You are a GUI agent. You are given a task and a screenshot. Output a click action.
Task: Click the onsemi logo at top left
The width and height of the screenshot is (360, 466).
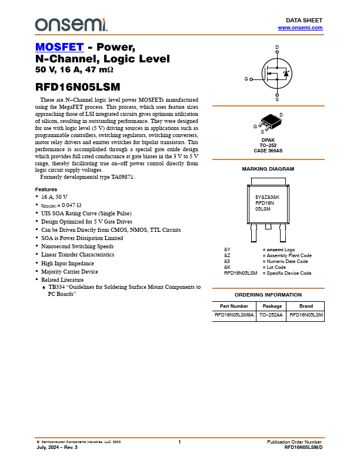[x=71, y=24]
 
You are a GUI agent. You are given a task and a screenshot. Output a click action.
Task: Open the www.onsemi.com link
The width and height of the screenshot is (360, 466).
[x=300, y=28]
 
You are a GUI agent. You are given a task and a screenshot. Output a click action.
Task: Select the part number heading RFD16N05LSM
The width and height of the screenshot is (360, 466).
[x=78, y=86]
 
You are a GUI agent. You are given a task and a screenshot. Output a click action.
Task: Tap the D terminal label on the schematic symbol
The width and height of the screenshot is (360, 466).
[x=277, y=47]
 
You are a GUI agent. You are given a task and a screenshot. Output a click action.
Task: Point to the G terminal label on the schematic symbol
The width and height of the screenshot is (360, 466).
[x=246, y=79]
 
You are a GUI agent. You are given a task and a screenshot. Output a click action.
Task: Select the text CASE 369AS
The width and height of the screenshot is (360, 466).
[x=268, y=151]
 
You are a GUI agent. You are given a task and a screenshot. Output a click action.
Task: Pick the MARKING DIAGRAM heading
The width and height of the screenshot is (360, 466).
[x=268, y=169]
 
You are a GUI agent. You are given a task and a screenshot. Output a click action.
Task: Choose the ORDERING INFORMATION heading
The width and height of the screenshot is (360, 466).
[x=268, y=294]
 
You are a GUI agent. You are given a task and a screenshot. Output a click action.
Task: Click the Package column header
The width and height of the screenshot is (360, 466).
[x=272, y=306]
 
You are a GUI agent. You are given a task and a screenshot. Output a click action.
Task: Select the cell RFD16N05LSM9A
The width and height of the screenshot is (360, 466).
[x=234, y=315]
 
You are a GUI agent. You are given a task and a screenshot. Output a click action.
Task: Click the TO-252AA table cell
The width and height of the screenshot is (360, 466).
[x=272, y=315]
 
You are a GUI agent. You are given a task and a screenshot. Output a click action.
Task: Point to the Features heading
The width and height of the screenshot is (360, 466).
[x=46, y=189]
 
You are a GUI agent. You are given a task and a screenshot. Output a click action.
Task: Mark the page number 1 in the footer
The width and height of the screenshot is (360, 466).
[x=179, y=442]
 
